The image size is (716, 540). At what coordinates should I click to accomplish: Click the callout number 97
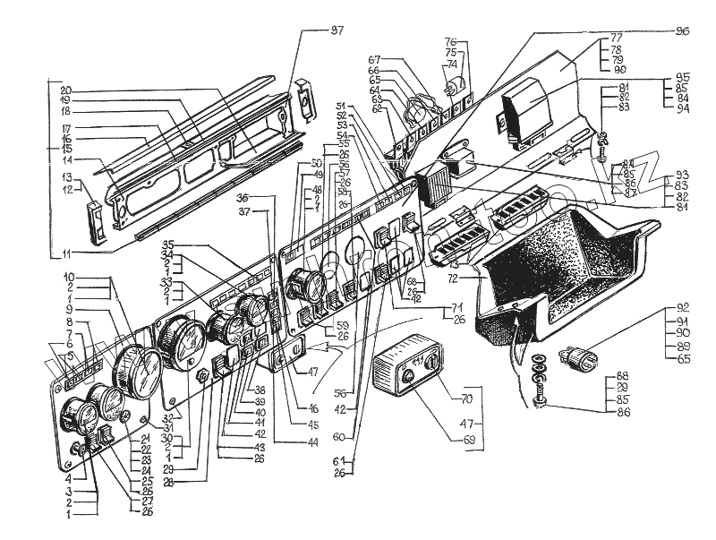(x=337, y=31)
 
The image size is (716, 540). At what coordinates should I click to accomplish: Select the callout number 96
(x=682, y=31)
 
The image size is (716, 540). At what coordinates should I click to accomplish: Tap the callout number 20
(x=65, y=90)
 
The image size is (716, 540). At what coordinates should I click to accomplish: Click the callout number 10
(x=68, y=277)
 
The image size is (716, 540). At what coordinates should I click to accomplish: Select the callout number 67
(x=375, y=60)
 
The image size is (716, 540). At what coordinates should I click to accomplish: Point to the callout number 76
(x=451, y=41)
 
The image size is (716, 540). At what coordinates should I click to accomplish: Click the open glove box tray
(x=564, y=269)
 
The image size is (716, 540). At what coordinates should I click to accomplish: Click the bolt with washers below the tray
(x=539, y=381)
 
